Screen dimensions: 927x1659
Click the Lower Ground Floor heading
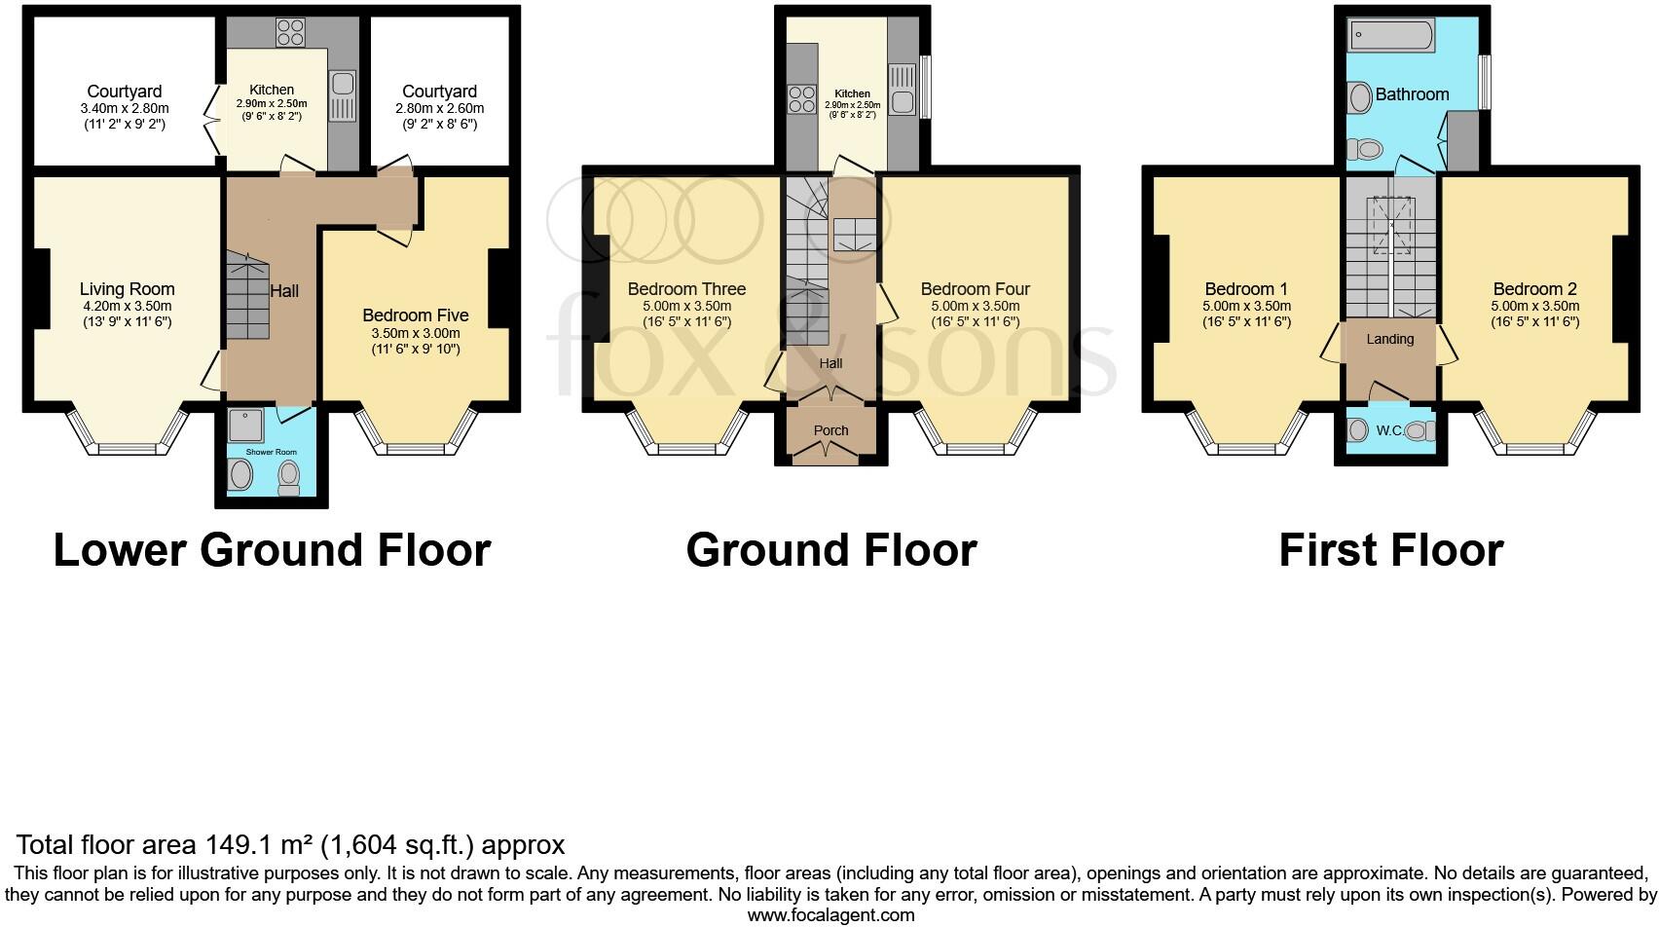click(x=272, y=550)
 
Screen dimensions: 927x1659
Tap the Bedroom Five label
click(x=415, y=315)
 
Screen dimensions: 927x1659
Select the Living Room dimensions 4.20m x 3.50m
click(x=128, y=306)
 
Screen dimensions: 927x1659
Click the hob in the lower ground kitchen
click(x=289, y=33)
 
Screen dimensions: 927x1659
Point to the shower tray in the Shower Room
click(x=240, y=426)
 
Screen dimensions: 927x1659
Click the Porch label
click(x=830, y=430)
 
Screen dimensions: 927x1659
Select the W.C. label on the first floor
click(x=1389, y=429)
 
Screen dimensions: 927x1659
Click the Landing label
click(x=1389, y=339)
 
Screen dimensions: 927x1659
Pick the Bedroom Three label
click(x=686, y=289)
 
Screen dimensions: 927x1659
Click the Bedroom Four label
click(x=975, y=289)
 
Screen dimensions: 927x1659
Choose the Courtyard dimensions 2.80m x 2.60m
click(x=439, y=109)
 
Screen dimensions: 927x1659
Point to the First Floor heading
click(x=1390, y=550)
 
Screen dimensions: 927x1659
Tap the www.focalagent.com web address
click(x=830, y=915)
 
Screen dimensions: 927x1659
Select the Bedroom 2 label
click(x=1534, y=289)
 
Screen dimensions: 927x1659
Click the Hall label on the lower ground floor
click(x=284, y=291)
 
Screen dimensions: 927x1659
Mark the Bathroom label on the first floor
click(x=1412, y=94)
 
